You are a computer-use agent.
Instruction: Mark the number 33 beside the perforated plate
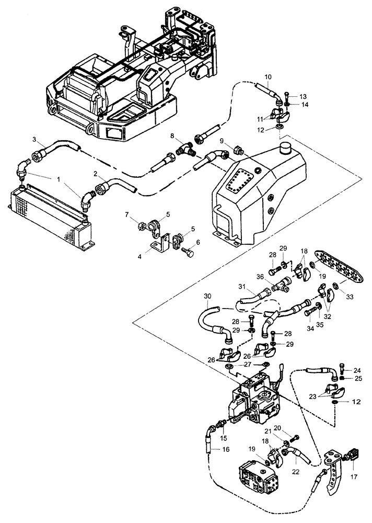click(x=348, y=298)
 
